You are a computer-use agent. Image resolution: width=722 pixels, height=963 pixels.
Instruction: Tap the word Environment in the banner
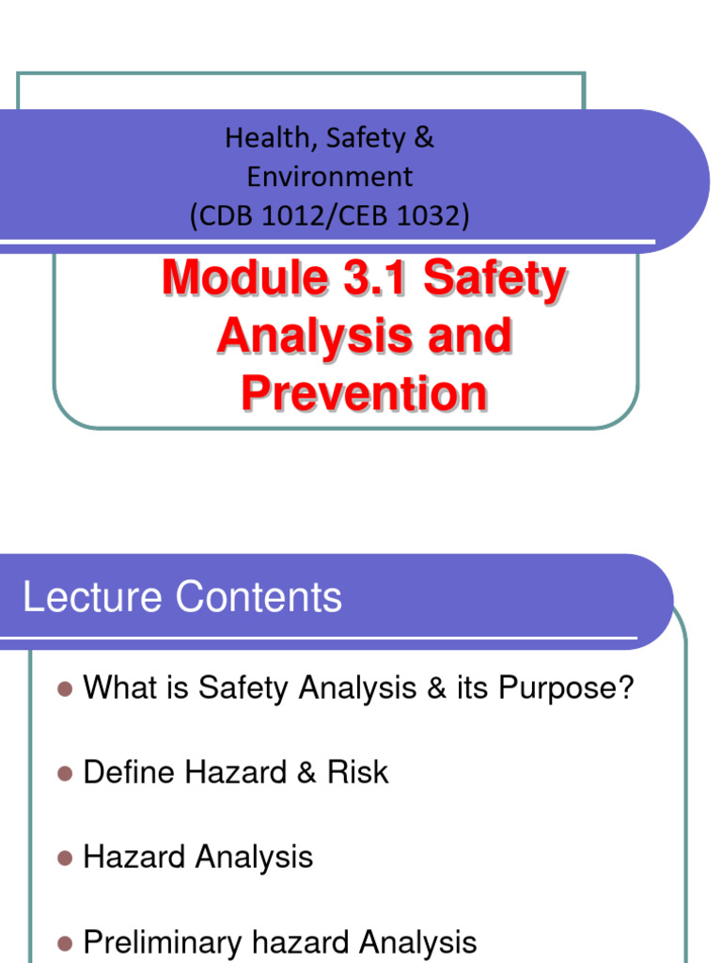point(330,177)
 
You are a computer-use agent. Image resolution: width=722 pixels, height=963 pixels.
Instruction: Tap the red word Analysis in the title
point(293,336)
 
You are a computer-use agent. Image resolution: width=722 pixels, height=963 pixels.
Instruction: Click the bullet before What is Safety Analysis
point(64,689)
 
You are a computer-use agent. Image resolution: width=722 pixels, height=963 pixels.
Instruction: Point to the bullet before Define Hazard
point(64,774)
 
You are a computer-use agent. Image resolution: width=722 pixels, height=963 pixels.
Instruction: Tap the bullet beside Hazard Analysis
point(64,859)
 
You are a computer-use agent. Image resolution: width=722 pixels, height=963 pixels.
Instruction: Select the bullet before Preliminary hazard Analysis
point(64,942)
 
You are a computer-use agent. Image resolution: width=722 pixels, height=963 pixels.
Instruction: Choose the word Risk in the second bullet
point(357,773)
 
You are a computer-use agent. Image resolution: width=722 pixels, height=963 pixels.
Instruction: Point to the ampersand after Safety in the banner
point(424,138)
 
